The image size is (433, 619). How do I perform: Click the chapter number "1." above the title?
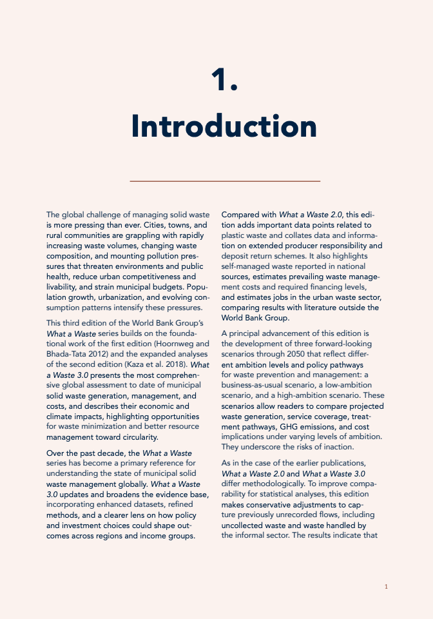[224, 80]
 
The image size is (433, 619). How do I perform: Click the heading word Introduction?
[224, 126]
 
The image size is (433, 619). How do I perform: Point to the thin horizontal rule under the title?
[225, 181]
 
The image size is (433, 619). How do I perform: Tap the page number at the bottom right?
[386, 587]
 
